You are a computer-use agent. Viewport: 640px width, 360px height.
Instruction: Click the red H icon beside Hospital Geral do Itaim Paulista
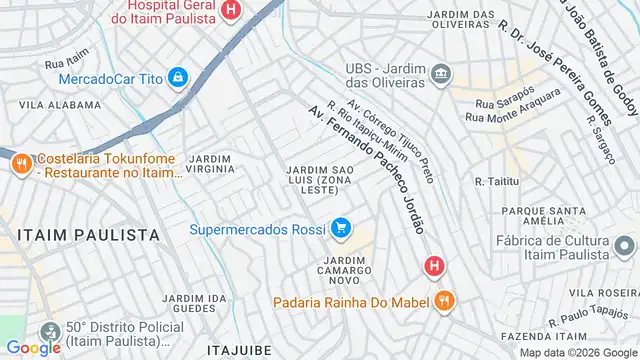point(231,11)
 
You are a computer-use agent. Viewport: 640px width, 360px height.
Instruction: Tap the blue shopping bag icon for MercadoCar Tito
point(177,77)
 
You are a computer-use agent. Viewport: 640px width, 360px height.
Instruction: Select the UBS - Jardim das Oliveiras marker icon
point(440,73)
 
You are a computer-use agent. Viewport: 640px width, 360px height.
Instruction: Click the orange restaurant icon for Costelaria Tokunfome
point(19,165)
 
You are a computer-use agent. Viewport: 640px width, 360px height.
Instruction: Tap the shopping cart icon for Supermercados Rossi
point(342,229)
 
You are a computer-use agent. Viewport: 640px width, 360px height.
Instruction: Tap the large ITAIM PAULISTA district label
point(87,233)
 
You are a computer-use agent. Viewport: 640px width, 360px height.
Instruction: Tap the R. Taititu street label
point(493,181)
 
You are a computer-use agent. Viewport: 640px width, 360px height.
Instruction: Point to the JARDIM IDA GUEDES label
point(196,303)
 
